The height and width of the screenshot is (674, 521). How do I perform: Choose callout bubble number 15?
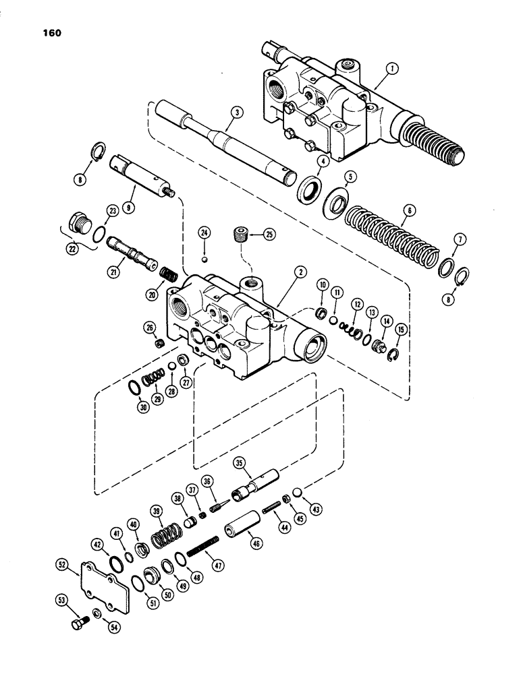(x=402, y=330)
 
